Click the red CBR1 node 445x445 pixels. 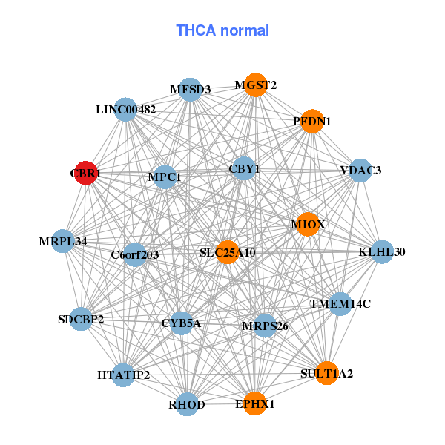85,173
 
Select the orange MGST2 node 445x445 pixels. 255,85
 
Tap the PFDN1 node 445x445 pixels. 313,121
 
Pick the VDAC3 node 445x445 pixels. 360,171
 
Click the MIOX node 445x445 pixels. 308,224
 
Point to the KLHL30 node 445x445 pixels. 382,252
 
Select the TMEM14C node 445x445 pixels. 340,304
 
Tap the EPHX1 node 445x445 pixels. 255,404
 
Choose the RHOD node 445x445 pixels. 188,404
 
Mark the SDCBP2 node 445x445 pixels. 82,320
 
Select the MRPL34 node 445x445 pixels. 63,242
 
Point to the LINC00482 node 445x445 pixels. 126,110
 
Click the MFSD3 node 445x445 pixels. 191,90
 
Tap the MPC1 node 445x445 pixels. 165,177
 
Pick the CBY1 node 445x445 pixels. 244,169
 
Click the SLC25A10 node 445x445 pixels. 228,253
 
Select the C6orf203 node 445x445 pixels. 135,255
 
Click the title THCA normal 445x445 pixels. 222,30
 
